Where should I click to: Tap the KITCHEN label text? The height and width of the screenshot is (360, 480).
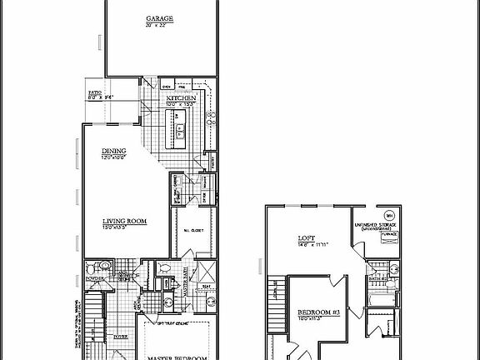(x=181, y=98)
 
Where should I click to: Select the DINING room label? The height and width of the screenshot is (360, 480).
(x=113, y=151)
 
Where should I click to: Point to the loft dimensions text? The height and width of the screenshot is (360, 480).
(x=307, y=245)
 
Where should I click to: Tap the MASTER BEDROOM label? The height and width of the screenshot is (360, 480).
(x=177, y=357)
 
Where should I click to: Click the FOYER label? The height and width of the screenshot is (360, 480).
(x=120, y=337)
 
